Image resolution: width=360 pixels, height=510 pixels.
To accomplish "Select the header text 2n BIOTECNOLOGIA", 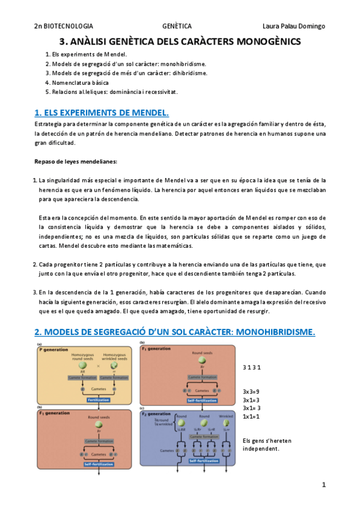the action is coord(64,26).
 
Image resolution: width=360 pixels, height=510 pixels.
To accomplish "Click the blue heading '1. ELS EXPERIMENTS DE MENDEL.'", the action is coord(102,112).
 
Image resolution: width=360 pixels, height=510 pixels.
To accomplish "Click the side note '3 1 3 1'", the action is coord(251,366).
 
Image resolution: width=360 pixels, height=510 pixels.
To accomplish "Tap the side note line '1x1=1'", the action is coord(251,416).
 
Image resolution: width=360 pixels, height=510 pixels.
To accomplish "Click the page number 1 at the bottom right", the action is coord(323,484).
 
